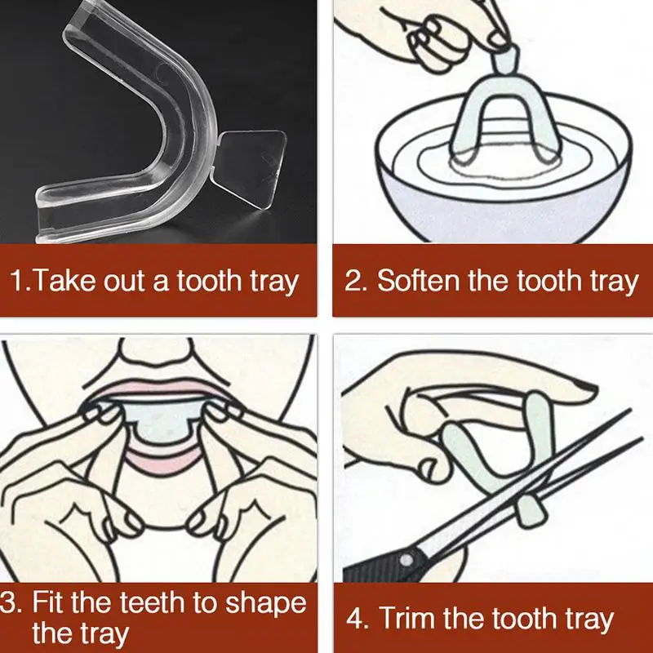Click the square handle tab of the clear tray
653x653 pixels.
point(251,169)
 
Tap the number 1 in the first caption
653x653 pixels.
point(17,280)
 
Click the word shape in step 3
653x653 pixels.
point(265,604)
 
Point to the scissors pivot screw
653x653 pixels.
point(406,561)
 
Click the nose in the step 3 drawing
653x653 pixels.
point(157,352)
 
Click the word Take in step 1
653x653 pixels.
point(64,280)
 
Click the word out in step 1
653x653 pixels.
point(124,282)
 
